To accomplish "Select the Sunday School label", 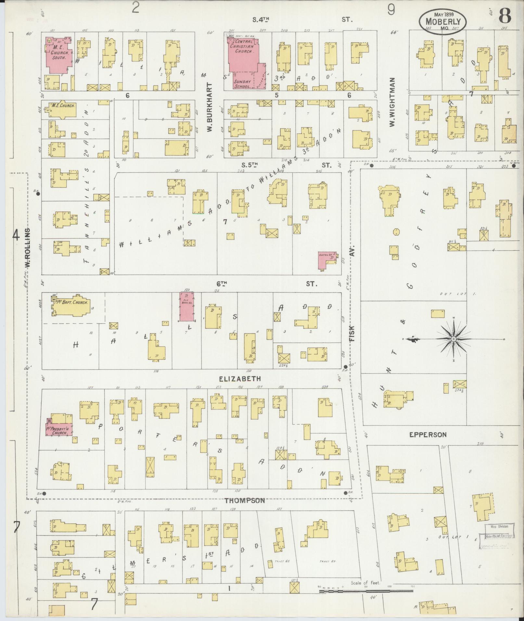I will click(242, 84).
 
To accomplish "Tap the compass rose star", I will click(453, 339).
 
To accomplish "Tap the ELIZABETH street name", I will click(240, 379).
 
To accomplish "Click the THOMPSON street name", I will click(244, 501).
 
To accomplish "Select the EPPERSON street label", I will click(428, 434).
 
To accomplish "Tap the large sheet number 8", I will click(505, 15).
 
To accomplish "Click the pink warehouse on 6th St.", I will click(187, 307).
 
